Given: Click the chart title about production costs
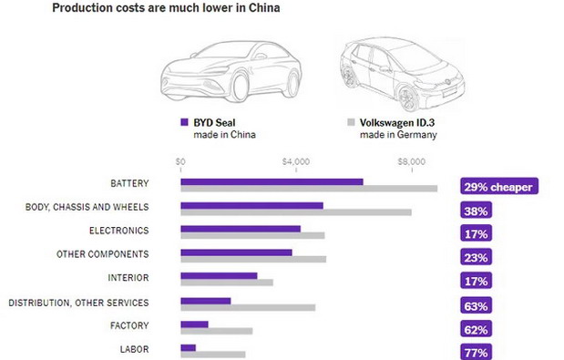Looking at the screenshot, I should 166,8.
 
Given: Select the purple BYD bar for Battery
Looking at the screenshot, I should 272,181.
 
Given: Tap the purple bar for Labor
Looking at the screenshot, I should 188,347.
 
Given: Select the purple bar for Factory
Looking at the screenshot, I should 194,324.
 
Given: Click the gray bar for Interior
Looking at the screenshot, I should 227,283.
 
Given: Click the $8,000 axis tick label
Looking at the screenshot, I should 412,161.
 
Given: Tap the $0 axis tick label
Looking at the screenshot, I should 180,161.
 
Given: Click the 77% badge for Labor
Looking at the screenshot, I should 476,352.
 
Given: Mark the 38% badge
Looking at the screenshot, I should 476,211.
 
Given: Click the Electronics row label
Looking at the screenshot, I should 118,231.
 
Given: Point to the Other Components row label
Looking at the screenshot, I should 102,254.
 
